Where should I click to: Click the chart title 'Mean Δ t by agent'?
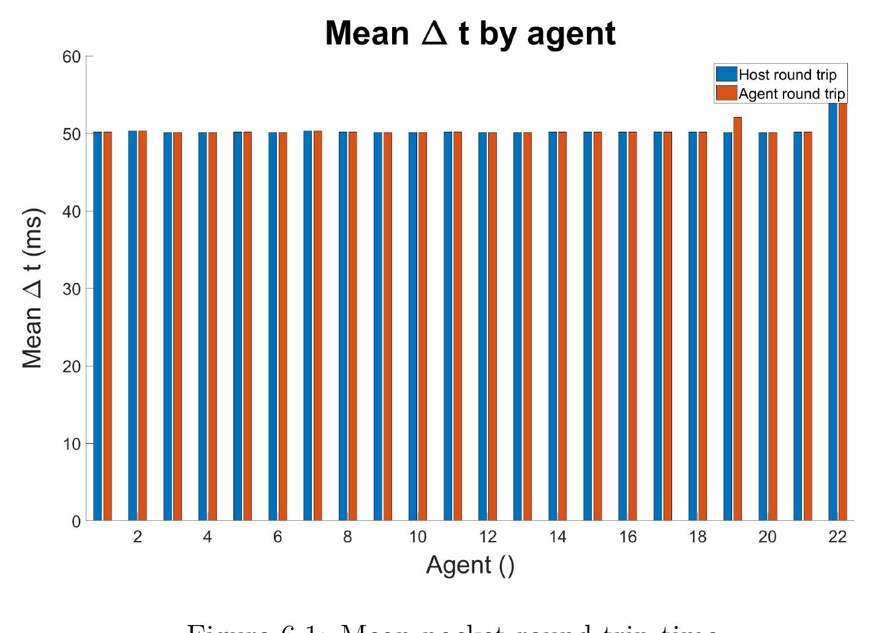click(x=470, y=33)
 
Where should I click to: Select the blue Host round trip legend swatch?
click(x=727, y=74)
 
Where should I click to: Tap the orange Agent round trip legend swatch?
click(x=727, y=93)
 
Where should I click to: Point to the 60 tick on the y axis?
click(x=72, y=57)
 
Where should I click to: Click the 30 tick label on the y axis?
click(x=72, y=289)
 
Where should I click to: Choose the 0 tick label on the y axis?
click(x=76, y=521)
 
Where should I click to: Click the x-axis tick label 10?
click(x=417, y=537)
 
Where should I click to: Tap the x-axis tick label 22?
click(x=837, y=537)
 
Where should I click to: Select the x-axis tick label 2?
click(x=137, y=537)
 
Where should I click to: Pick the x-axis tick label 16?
click(x=627, y=537)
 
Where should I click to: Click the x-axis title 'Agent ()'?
click(x=470, y=565)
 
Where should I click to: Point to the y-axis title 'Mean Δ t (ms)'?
click(x=33, y=289)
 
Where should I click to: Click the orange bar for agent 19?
click(x=738, y=319)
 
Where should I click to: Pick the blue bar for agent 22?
click(x=833, y=313)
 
